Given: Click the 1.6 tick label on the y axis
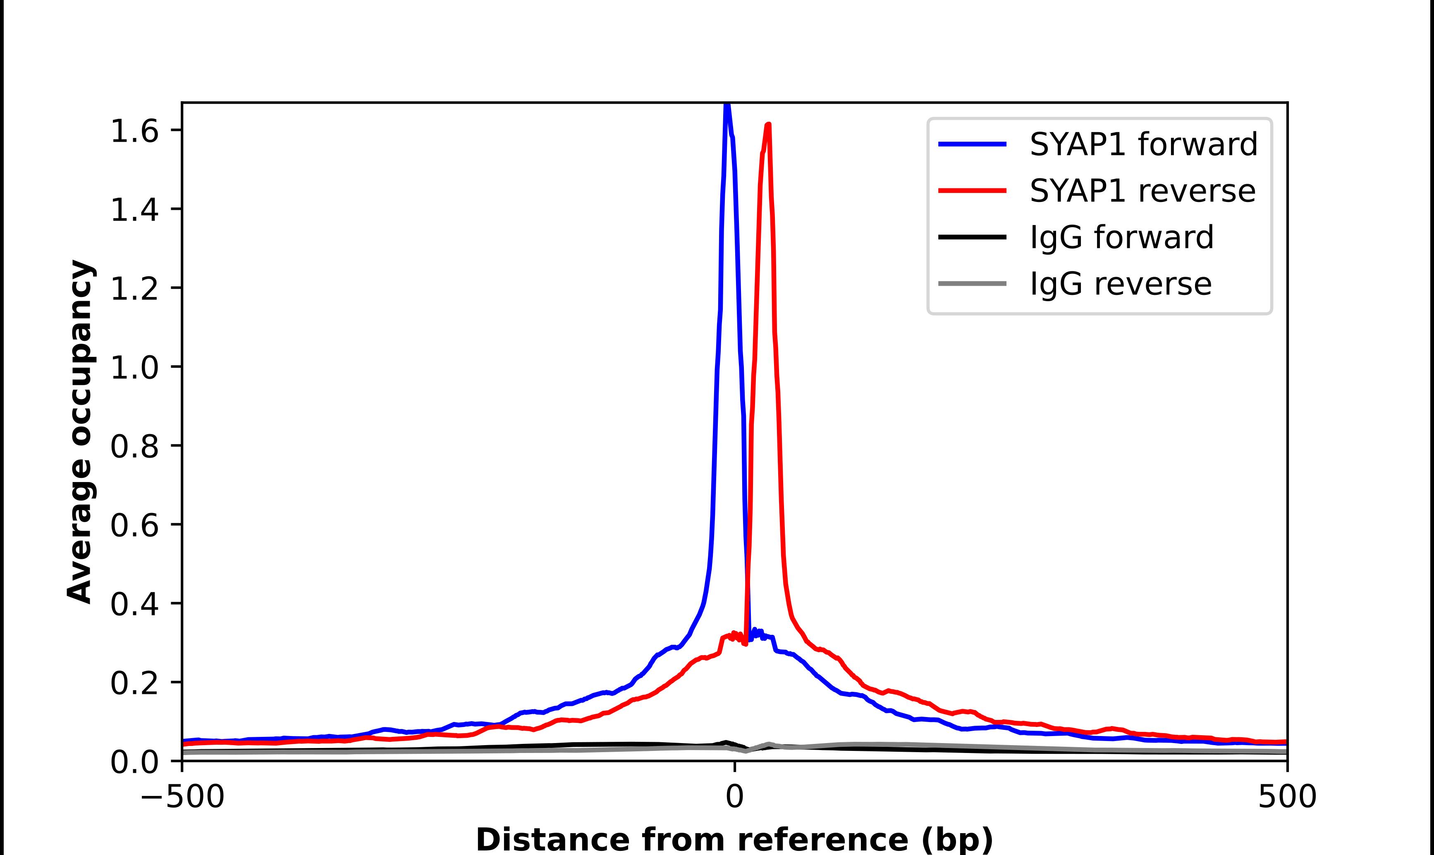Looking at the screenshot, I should tap(134, 132).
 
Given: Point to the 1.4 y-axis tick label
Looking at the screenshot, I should tap(134, 211).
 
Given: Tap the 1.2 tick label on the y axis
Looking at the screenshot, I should tap(134, 290).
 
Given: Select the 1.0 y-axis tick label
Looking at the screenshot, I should tap(134, 369).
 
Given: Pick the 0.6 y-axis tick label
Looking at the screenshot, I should tap(134, 527).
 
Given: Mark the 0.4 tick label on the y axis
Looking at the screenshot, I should tap(134, 606).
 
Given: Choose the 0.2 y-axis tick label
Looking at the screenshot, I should tap(134, 684).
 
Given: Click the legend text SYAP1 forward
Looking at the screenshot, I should tap(1143, 144).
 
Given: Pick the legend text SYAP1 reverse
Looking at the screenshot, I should tap(1142, 191).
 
